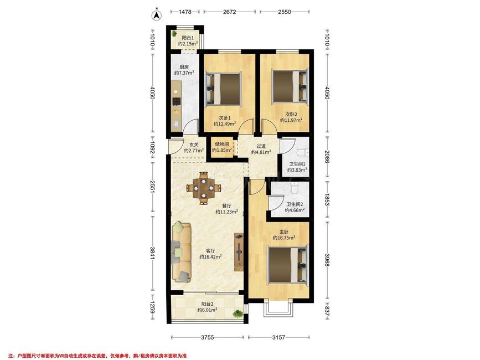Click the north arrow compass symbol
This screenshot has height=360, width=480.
(x=157, y=15)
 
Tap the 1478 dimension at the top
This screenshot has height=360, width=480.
(x=185, y=12)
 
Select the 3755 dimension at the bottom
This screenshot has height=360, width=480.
(x=208, y=337)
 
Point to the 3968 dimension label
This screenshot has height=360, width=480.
(x=327, y=260)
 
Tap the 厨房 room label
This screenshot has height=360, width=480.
(x=184, y=66)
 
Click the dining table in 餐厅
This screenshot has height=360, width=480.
(x=203, y=188)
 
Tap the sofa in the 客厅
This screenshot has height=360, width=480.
(x=181, y=252)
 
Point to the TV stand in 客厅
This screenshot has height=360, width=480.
(x=239, y=251)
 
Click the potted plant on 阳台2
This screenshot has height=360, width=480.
(x=238, y=313)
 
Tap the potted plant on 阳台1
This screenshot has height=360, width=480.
(x=174, y=33)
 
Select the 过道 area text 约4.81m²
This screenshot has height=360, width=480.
(x=261, y=152)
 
